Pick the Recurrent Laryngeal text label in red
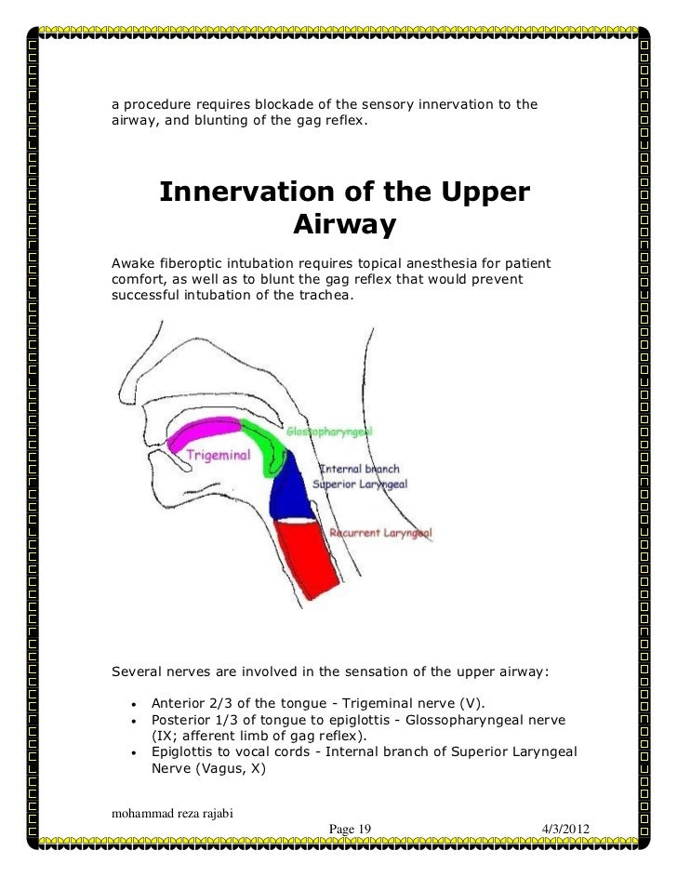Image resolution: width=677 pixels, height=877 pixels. click(380, 533)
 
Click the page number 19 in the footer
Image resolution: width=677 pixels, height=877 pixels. click(364, 829)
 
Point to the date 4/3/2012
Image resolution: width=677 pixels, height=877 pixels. click(564, 829)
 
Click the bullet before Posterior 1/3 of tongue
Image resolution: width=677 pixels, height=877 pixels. click(136, 721)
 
